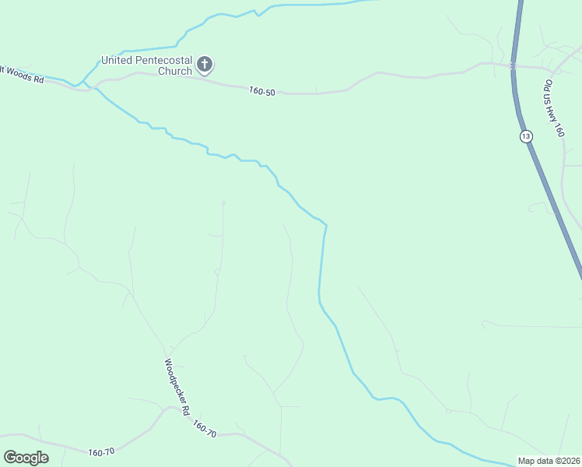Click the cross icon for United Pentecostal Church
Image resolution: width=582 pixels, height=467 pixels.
click(205, 64)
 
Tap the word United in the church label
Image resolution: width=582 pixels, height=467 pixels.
click(119, 60)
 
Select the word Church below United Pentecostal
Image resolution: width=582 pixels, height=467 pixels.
click(174, 71)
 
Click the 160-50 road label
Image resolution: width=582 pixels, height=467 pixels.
click(263, 91)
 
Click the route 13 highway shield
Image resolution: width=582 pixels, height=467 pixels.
click(527, 136)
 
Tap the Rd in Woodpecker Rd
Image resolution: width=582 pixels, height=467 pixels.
click(187, 409)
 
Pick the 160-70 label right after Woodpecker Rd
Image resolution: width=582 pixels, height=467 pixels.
click(203, 429)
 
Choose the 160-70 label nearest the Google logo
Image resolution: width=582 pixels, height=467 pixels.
click(101, 451)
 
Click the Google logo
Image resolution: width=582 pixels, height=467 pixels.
click(26, 458)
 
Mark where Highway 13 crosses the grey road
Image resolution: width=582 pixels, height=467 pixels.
click(514, 66)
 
